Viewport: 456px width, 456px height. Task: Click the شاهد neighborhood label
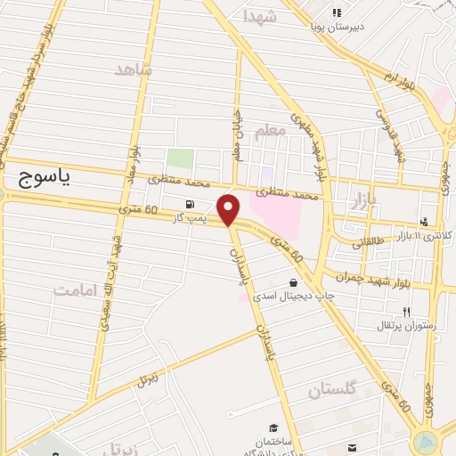[134, 69]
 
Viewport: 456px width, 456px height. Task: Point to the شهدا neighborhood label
[259, 17]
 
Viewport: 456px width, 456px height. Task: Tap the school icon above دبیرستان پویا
[337, 12]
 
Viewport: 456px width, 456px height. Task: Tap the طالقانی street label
[370, 241]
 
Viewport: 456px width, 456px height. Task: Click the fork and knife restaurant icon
[407, 312]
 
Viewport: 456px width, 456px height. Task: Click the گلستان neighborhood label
[336, 389]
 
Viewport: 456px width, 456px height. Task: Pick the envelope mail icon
[354, 446]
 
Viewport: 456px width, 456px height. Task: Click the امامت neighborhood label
[73, 289]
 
